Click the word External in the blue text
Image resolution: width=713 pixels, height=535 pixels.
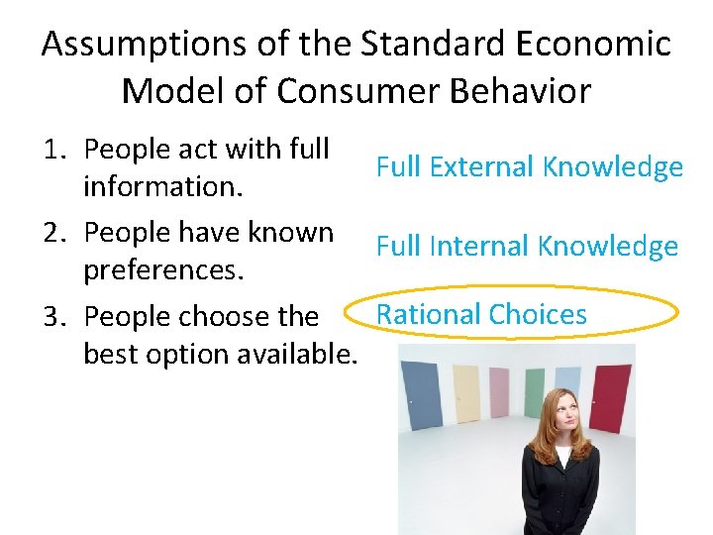(x=482, y=166)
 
